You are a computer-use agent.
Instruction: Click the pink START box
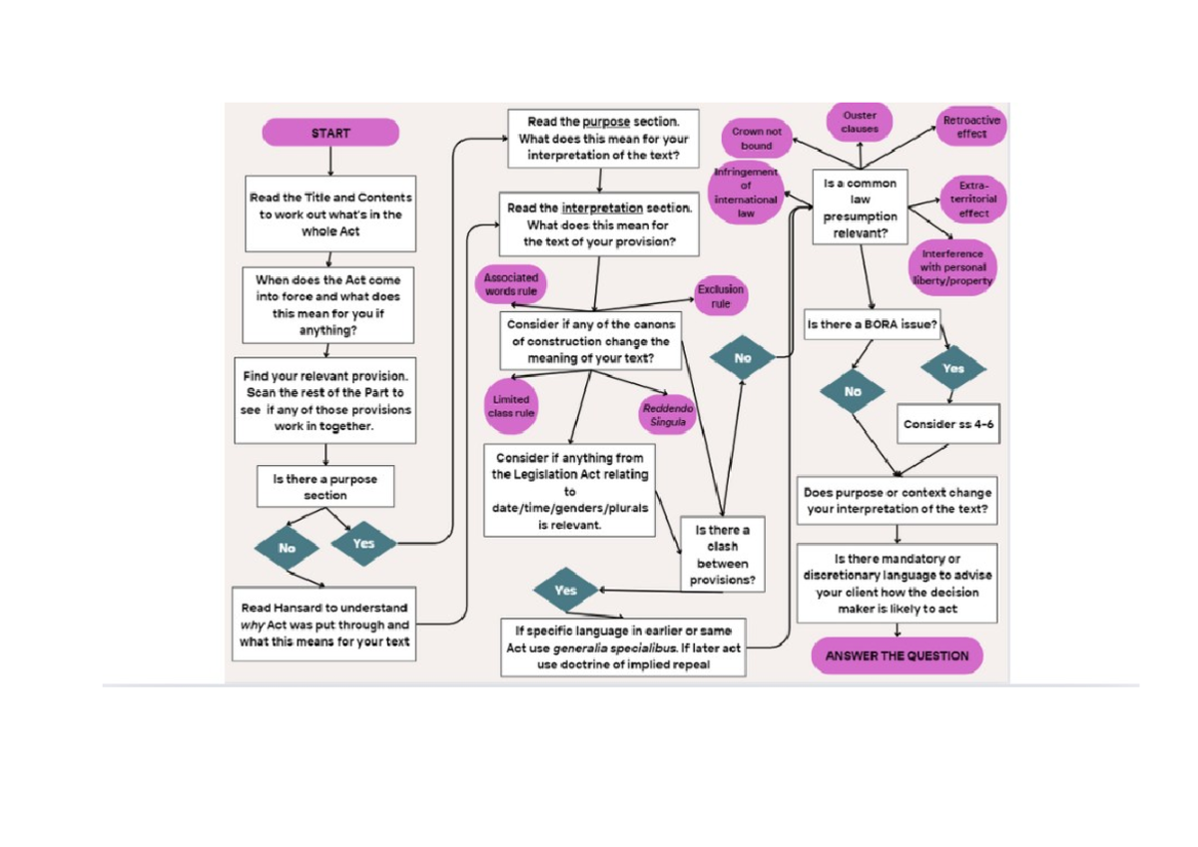click(330, 133)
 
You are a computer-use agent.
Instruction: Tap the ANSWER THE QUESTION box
click(897, 656)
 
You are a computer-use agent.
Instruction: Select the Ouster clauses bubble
click(860, 123)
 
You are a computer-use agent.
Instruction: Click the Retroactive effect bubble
click(971, 128)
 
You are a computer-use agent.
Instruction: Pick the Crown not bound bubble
click(757, 139)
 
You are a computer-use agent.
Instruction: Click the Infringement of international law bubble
click(745, 193)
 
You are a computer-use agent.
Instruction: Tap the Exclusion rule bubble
click(721, 296)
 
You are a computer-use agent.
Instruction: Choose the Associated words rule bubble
click(511, 284)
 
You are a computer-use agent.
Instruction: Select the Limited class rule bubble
click(511, 405)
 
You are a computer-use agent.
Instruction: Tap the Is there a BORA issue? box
click(872, 324)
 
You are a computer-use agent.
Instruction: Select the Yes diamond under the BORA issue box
click(953, 368)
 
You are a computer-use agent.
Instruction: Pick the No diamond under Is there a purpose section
click(288, 548)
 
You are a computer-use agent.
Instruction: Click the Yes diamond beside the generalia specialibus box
click(565, 591)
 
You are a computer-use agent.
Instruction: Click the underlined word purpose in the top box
click(606, 121)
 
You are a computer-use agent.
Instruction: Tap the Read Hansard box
click(324, 625)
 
